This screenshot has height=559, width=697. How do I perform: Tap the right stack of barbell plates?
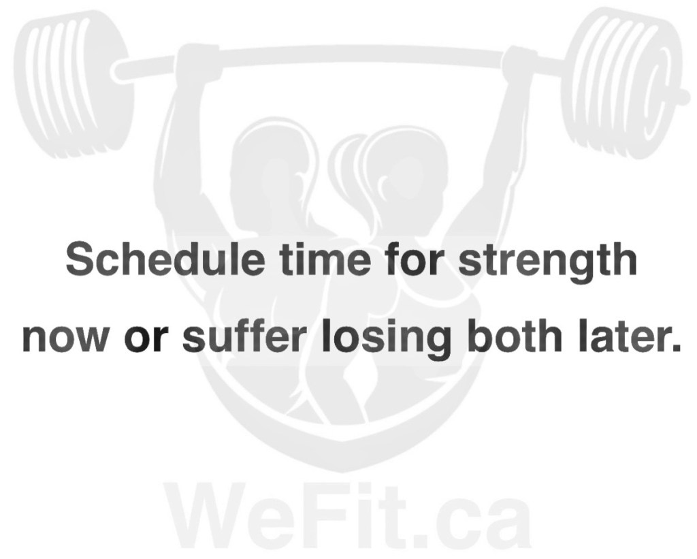(621, 84)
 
